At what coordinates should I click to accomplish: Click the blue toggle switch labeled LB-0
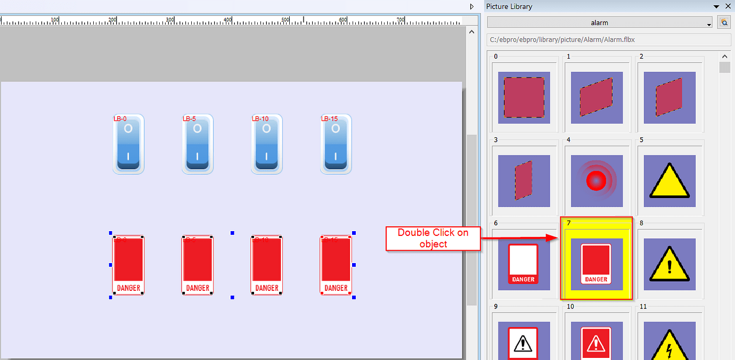click(128, 144)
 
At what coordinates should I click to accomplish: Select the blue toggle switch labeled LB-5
click(198, 144)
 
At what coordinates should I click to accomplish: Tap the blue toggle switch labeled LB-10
click(267, 144)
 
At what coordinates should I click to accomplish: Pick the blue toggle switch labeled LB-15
click(336, 144)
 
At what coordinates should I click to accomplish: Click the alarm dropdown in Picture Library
click(600, 23)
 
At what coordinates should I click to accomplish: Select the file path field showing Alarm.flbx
click(609, 40)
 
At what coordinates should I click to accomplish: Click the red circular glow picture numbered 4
click(597, 181)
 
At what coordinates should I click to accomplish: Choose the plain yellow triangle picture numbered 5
click(669, 181)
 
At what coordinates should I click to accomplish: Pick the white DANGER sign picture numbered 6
click(524, 264)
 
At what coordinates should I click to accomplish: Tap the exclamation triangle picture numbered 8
click(669, 264)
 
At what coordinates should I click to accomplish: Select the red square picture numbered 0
click(524, 97)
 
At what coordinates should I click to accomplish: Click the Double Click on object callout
click(433, 238)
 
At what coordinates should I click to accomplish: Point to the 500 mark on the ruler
click(285, 20)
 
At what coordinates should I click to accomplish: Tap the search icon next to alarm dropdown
click(724, 22)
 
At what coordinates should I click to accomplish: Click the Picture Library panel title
click(509, 6)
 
